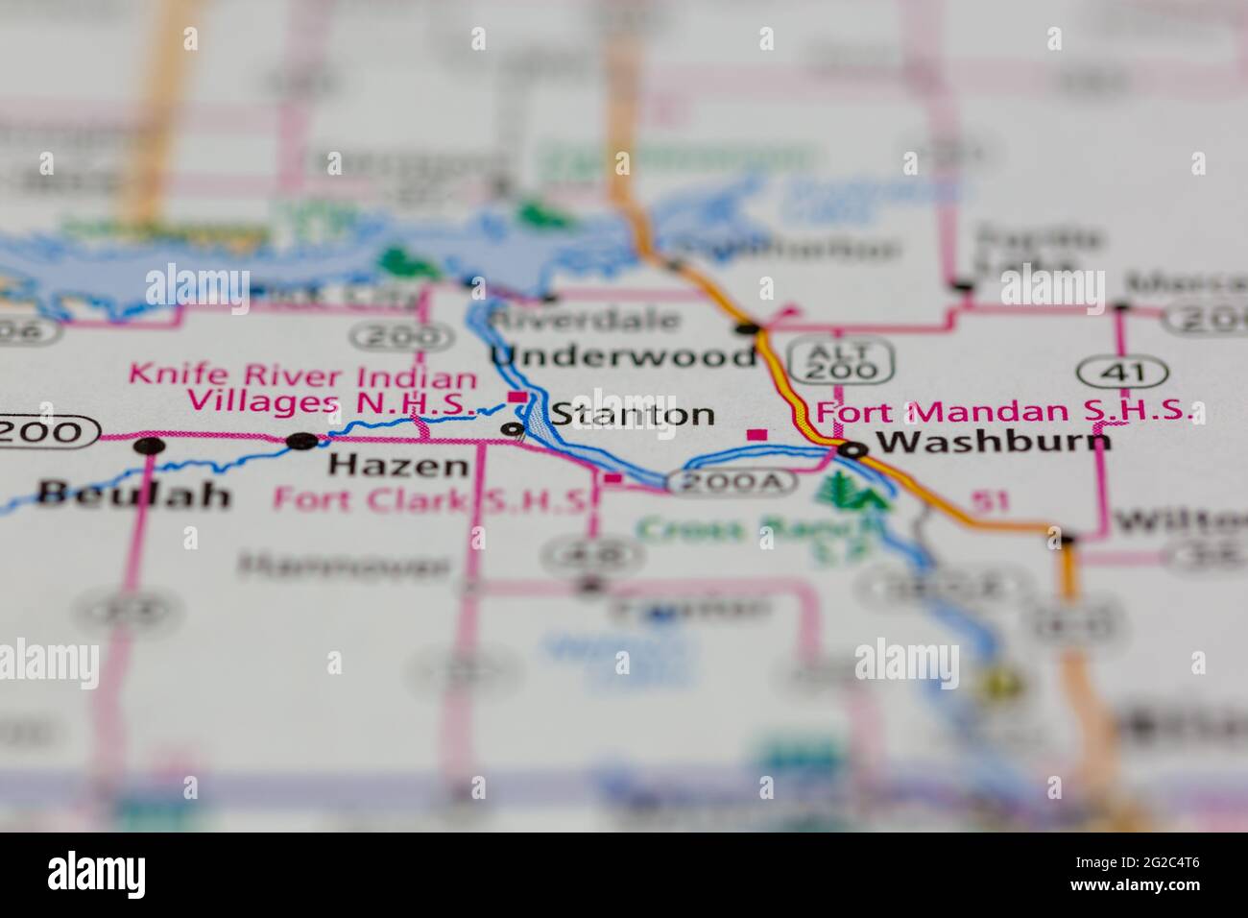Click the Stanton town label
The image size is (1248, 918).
click(632, 415)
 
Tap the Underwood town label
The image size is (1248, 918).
click(624, 356)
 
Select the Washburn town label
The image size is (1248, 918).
click(995, 441)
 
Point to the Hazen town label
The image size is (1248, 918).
click(398, 467)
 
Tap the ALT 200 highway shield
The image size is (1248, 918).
click(842, 358)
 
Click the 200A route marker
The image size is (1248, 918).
click(732, 482)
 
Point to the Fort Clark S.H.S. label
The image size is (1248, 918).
click(430, 499)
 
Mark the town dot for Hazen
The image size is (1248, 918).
click(301, 441)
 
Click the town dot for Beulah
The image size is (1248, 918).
click(149, 445)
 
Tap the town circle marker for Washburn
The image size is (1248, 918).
click(852, 448)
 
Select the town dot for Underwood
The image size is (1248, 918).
click(748, 328)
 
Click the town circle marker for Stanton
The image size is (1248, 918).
click(515, 428)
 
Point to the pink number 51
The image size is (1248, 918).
click(983, 499)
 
